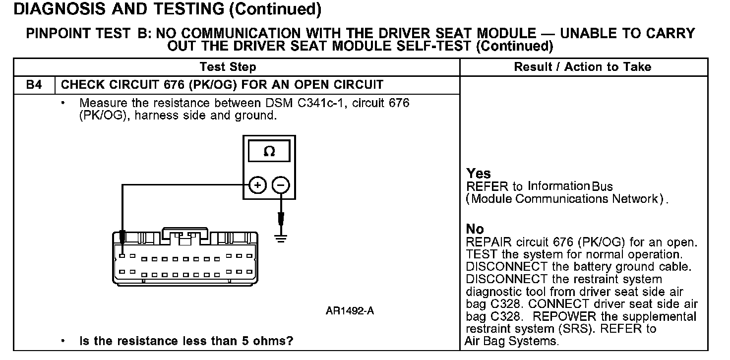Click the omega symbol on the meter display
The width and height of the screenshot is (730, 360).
pos(269,151)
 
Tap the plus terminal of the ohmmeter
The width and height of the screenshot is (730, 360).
pos(257,185)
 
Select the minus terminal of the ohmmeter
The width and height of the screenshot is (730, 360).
pos(281,185)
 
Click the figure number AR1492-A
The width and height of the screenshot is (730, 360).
pos(350,311)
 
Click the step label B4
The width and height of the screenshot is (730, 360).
pos(34,85)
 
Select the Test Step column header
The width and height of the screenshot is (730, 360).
pos(228,67)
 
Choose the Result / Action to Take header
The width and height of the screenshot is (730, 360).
pos(583,67)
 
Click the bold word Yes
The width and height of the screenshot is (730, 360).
pos(479,174)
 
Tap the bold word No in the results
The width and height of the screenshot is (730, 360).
pos(475,229)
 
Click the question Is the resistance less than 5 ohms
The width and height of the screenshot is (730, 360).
pos(186,341)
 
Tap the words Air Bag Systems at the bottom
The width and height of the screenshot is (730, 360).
pos(511,341)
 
